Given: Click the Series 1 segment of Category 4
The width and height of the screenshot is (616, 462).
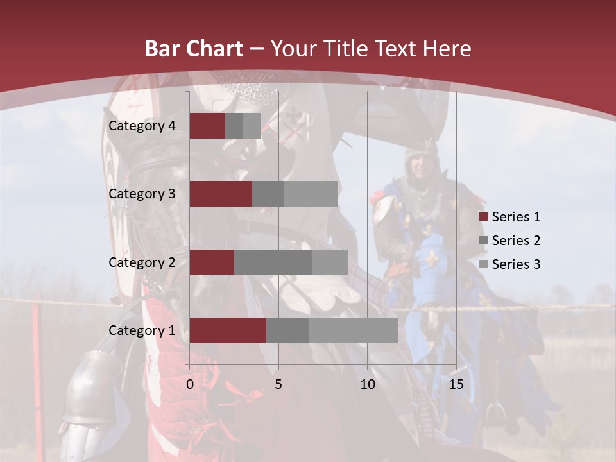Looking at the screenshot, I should (x=207, y=126).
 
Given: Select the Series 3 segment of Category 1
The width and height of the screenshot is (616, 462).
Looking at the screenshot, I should (x=353, y=330).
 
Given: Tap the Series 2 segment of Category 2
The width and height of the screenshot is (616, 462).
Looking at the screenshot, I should (x=273, y=262).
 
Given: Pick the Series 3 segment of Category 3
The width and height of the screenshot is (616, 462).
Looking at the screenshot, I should (x=311, y=194).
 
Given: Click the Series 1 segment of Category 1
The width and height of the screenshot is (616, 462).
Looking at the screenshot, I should (x=228, y=330).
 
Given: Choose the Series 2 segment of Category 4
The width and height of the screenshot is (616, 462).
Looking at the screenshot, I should (x=234, y=126).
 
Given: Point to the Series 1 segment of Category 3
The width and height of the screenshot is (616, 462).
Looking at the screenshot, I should (x=221, y=194).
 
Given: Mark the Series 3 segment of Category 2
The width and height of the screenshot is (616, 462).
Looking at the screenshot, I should (x=330, y=262).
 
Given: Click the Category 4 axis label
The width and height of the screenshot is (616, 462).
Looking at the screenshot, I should (x=142, y=126).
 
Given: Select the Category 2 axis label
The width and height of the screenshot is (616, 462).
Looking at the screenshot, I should (x=142, y=262).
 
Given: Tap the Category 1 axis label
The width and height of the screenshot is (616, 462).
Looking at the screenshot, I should (x=142, y=330).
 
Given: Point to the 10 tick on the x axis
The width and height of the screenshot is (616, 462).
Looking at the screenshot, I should (x=367, y=384).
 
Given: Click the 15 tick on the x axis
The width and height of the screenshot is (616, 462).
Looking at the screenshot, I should (x=456, y=384).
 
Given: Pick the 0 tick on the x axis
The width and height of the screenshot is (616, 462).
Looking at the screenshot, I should (x=190, y=384).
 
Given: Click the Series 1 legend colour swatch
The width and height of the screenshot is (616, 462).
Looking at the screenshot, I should (x=483, y=217).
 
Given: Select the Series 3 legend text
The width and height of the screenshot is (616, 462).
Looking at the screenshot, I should (x=516, y=264).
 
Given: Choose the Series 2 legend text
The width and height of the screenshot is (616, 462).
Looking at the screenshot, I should (x=516, y=241).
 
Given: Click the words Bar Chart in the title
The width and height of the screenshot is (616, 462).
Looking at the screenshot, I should (x=194, y=48).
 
